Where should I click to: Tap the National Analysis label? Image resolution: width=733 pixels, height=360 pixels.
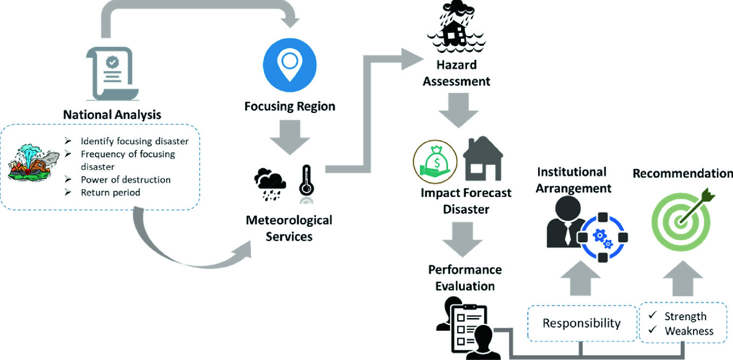(112, 114)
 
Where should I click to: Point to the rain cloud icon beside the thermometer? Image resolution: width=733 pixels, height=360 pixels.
(271, 184)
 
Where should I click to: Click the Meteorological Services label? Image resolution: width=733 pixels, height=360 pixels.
(289, 228)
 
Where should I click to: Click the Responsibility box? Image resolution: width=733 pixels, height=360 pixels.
(581, 323)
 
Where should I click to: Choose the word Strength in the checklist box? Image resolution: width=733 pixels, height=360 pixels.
(686, 317)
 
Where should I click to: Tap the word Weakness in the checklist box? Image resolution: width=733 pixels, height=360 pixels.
(689, 331)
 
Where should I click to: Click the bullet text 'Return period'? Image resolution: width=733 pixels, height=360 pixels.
(110, 192)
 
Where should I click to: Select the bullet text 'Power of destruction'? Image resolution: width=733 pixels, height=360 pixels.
(126, 180)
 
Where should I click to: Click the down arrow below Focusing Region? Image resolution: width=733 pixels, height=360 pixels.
(290, 138)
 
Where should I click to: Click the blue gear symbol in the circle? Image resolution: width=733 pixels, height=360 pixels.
(602, 237)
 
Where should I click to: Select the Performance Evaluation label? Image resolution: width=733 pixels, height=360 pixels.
(465, 277)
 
